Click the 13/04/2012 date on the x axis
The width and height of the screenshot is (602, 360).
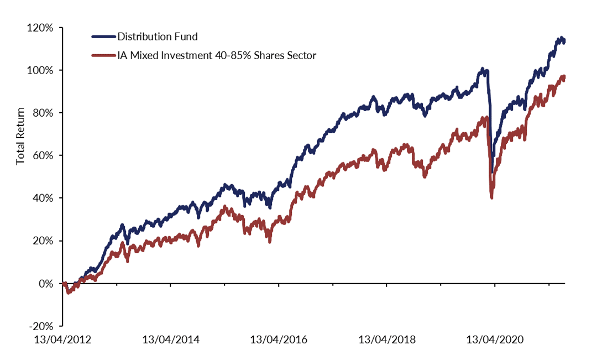coord(62,339)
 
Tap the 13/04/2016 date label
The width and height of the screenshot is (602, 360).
coord(279,339)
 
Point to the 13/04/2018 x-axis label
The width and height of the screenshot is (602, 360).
coord(386,339)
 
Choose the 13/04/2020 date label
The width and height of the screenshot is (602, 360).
coord(495,339)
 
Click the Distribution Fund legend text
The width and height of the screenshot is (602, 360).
coord(157,37)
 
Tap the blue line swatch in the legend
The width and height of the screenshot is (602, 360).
coord(103,37)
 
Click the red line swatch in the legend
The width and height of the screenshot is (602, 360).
coord(103,55)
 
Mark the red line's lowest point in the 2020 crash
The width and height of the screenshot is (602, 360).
coord(491,197)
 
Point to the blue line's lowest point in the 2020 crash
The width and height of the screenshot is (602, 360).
coord(491,173)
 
